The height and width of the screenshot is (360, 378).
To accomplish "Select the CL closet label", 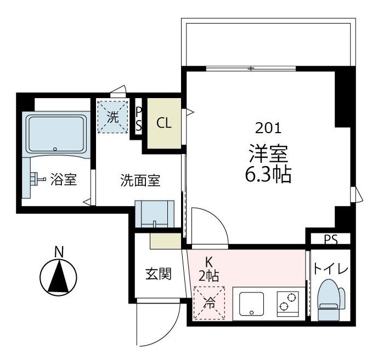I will click(x=164, y=123).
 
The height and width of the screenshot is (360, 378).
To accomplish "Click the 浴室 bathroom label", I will click(x=63, y=179).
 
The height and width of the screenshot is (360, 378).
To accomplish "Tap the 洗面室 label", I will click(x=140, y=180).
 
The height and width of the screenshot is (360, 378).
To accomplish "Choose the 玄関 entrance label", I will click(x=158, y=273).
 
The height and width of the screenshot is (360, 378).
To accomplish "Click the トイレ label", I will click(x=331, y=269).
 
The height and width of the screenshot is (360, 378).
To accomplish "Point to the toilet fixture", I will click(x=331, y=299).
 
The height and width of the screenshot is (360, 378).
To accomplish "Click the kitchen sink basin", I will click(x=251, y=302).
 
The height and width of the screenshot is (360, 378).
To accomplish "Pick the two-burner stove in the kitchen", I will click(x=287, y=302).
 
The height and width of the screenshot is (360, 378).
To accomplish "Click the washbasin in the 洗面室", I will click(x=154, y=214).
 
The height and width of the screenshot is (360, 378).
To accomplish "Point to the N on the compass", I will click(x=59, y=252).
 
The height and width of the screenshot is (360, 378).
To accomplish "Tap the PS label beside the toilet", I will click(x=330, y=239).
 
